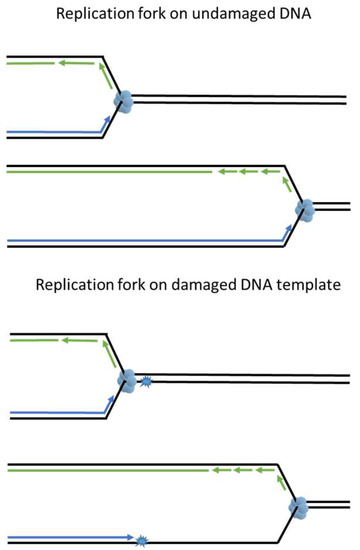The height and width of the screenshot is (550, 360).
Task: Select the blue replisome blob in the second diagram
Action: tap(305, 210)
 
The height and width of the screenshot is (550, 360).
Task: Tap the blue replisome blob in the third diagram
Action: tap(127, 381)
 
